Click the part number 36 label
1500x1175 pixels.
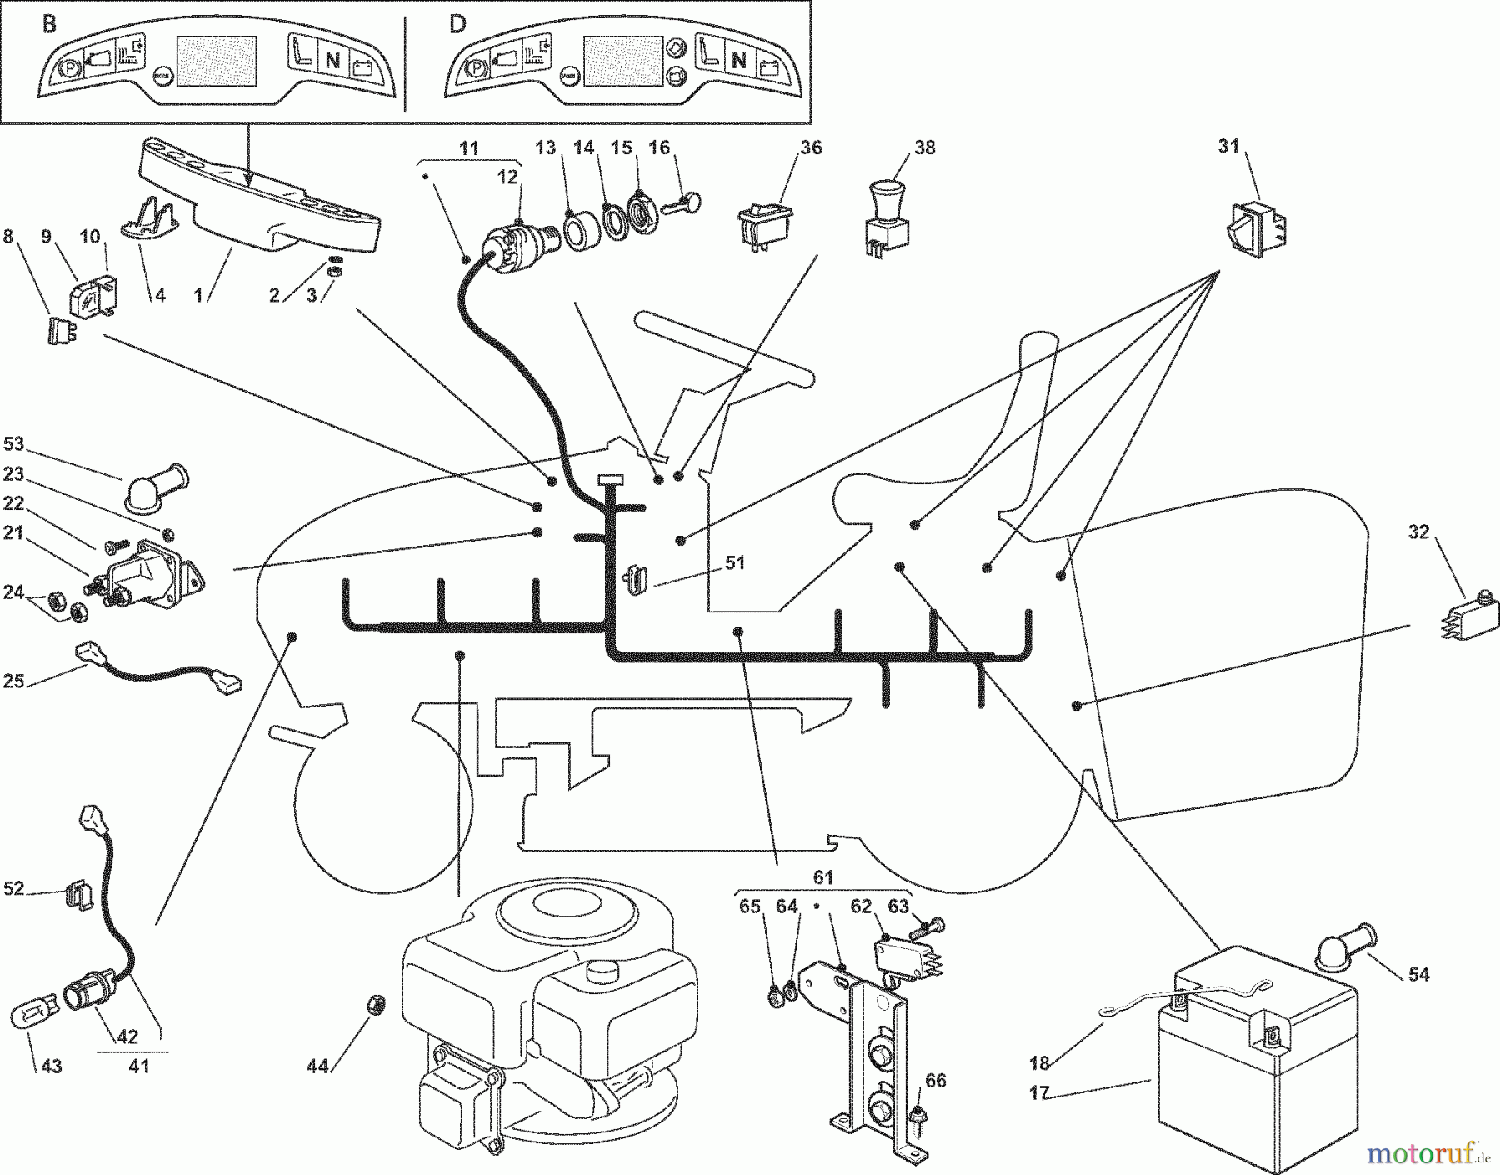click(811, 147)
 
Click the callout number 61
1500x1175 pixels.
click(823, 877)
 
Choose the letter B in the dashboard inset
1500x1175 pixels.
click(49, 23)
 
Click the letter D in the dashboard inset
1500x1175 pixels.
click(457, 23)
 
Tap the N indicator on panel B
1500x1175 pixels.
click(332, 60)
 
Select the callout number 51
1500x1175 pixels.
click(734, 563)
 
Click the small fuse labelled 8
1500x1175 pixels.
click(54, 331)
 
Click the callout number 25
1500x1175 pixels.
click(13, 682)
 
